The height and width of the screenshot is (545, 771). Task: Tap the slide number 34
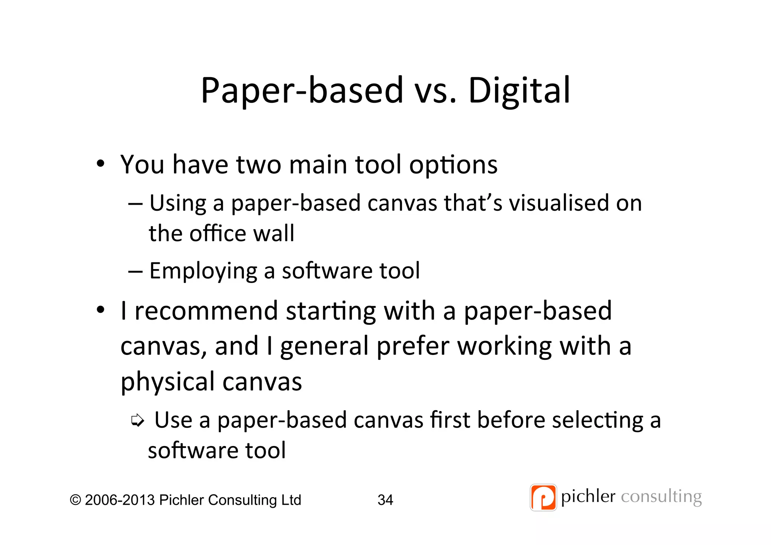pos(385,500)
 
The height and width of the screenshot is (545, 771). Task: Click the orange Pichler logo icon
pos(543,498)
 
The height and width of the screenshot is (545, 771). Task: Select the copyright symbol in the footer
pos(75,500)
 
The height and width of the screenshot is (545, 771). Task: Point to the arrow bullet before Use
pos(137,420)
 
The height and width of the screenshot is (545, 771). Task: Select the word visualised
pos(559,203)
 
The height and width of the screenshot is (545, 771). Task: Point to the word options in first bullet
pos(453,165)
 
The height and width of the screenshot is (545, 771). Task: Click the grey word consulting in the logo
pos(661,497)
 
